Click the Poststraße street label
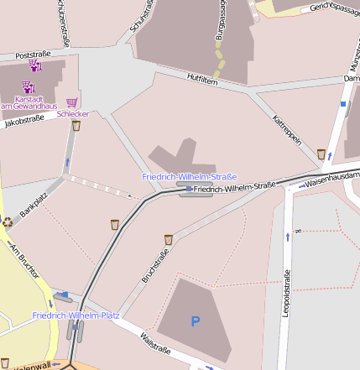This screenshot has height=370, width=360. pyautogui.click(x=34, y=52)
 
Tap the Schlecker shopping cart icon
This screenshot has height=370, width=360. pyautogui.click(x=72, y=102)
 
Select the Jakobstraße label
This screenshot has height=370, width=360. pyautogui.click(x=24, y=121)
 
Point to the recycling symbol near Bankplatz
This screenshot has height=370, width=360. pyautogui.click(x=8, y=222)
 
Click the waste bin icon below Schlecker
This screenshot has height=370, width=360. pyautogui.click(x=76, y=126)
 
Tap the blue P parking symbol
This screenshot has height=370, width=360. pyautogui.click(x=196, y=320)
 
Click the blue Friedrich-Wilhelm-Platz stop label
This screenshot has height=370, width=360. pyautogui.click(x=76, y=315)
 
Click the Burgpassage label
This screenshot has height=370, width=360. pyautogui.click(x=222, y=23)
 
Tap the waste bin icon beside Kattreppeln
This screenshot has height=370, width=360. pyautogui.click(x=321, y=154)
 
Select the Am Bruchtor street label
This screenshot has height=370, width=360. pyautogui.click(x=23, y=260)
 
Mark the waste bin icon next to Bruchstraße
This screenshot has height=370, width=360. pyautogui.click(x=169, y=239)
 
